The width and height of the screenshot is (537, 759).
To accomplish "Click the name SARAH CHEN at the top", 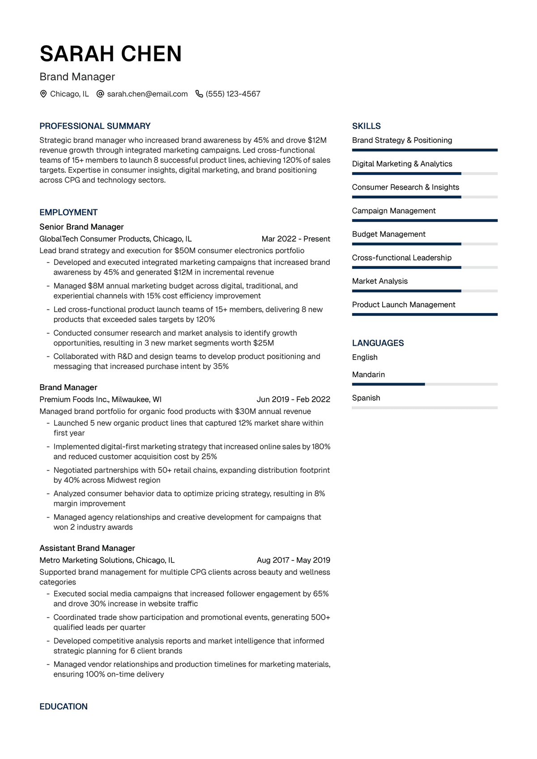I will [111, 54].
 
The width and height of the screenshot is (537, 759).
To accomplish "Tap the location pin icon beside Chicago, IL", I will [43, 94].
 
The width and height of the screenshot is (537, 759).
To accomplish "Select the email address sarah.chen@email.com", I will [147, 94].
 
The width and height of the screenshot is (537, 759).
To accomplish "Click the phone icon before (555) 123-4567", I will [199, 94].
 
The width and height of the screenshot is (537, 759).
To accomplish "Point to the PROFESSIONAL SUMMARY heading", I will [95, 126].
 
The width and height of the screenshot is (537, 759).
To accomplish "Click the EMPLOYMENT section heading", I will [68, 212].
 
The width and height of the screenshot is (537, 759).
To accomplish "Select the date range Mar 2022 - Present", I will [296, 239].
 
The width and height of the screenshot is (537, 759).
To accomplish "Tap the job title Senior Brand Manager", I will [81, 227].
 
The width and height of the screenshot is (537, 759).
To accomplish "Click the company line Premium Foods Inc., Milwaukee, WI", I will [100, 399].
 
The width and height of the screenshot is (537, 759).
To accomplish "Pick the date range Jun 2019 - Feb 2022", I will [293, 399].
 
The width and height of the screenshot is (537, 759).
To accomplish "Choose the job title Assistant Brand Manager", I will [87, 548].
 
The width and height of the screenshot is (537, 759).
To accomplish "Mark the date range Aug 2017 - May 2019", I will [293, 560].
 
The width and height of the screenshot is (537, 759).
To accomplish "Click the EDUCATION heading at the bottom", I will [64, 707].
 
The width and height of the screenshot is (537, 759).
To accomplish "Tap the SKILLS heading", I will [367, 126].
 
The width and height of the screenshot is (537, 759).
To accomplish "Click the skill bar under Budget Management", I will [425, 244].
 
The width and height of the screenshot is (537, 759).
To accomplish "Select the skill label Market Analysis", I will [380, 281].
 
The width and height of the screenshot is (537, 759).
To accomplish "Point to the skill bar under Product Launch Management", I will [425, 314].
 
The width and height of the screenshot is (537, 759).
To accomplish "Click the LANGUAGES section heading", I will [378, 343].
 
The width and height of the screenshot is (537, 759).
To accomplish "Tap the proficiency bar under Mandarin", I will [425, 384].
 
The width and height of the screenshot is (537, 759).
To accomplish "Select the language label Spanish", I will [366, 398].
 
